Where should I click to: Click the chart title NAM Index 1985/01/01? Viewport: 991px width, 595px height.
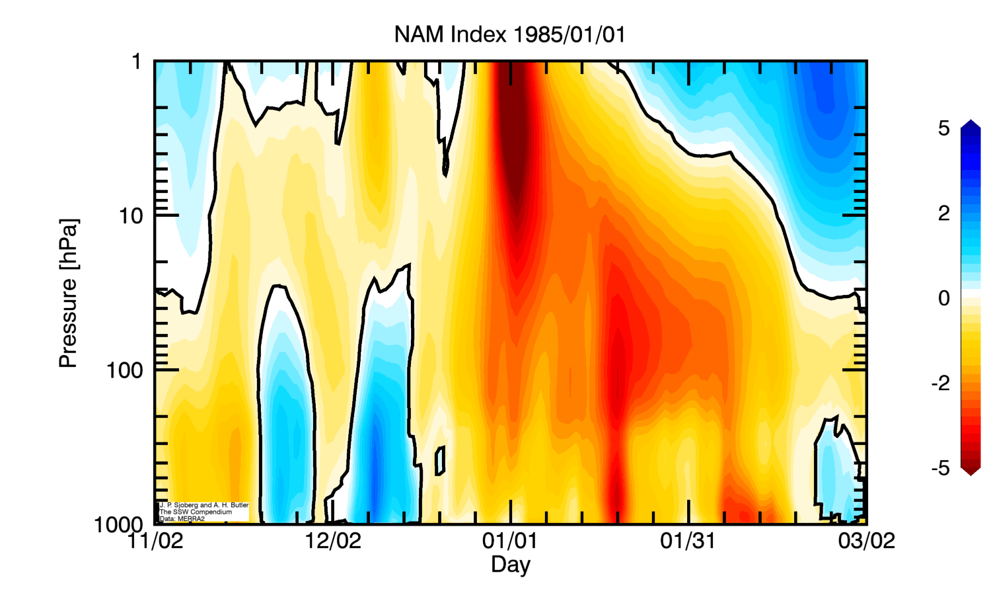509,34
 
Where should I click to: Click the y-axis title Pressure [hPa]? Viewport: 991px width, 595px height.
68,293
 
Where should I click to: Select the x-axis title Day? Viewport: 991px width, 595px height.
510,565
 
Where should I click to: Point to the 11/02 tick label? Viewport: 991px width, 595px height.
155,541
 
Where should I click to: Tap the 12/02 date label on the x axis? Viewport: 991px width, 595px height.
333,541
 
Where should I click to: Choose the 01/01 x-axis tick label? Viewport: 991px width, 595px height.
509,541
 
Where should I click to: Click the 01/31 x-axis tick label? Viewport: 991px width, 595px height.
688,541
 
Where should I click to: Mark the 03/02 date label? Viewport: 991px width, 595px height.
866,541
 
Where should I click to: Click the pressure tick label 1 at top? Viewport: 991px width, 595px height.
137,62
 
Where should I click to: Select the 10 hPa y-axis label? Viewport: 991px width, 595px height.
131,216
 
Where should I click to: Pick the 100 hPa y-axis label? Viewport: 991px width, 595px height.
125,370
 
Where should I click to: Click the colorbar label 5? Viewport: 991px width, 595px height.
943,128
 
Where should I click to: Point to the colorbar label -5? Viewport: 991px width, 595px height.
940,468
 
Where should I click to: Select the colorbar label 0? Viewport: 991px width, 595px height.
943,298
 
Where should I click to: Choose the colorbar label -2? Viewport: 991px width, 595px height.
940,383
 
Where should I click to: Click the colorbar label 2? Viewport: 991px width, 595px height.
943,213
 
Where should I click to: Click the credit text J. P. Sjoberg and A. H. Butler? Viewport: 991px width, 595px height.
204,505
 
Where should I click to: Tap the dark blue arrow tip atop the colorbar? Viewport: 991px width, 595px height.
971,124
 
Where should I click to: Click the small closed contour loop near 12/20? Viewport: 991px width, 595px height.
439,460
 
